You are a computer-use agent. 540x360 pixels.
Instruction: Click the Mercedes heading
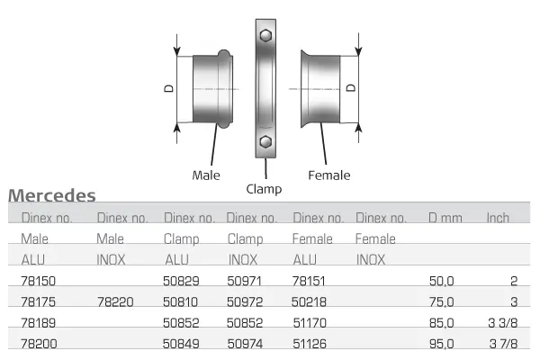51,195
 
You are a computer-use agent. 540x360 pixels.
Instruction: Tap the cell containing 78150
38,282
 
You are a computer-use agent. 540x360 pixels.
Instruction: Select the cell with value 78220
115,302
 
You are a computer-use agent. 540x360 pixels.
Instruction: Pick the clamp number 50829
181,282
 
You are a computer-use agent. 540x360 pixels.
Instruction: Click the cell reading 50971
246,282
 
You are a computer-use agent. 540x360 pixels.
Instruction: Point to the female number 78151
310,282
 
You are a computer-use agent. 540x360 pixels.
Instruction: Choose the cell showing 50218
310,302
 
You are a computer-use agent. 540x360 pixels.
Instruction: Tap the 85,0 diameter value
442,322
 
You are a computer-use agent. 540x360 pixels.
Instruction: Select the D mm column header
445,218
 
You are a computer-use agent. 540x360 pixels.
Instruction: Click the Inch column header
498,218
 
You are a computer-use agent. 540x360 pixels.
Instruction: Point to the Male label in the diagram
206,175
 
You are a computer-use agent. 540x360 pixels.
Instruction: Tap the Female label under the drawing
328,175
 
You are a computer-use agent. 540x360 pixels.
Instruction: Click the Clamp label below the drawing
264,189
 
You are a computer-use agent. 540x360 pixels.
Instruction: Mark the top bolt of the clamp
265,36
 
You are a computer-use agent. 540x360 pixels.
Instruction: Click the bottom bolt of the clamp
265,142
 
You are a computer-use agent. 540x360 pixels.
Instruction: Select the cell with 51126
310,342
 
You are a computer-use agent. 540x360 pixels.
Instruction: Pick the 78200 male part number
38,342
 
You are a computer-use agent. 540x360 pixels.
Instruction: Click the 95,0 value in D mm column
442,342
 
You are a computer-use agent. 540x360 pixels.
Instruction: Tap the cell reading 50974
246,342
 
